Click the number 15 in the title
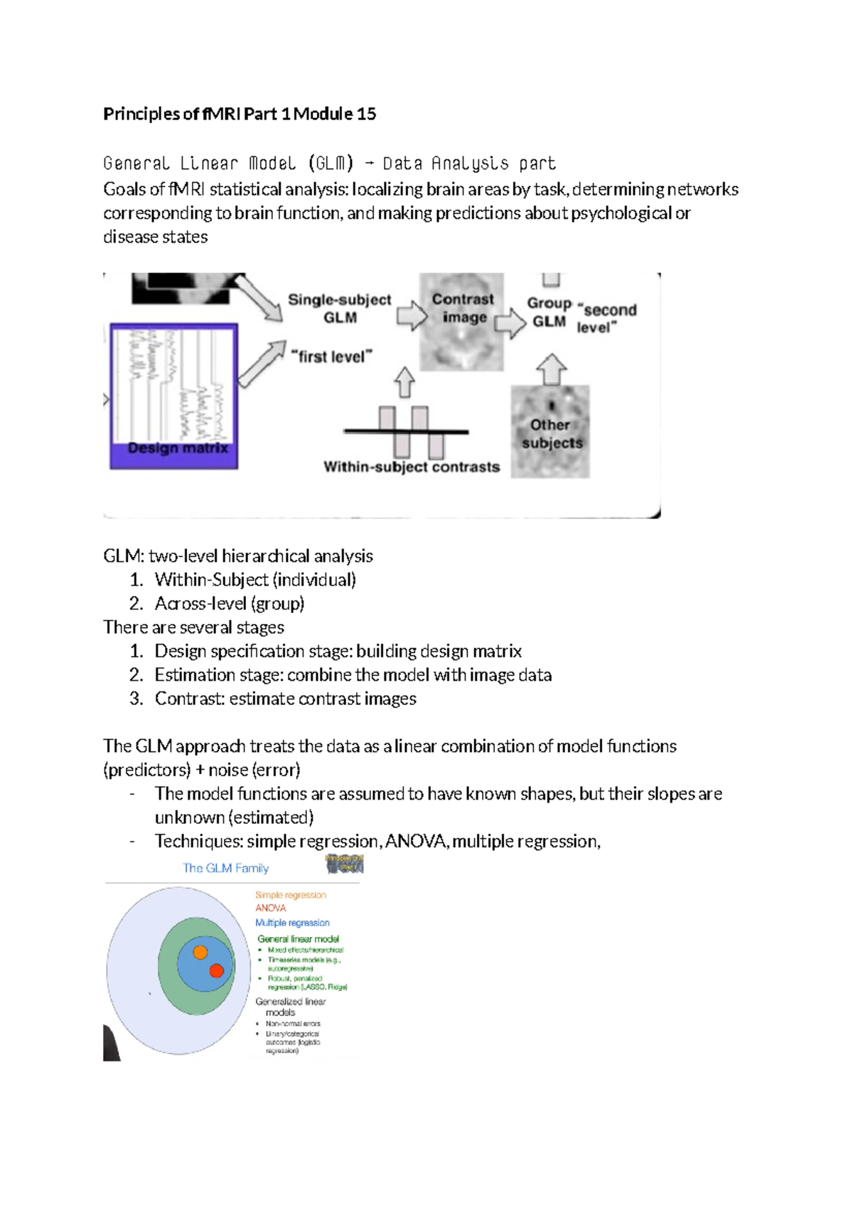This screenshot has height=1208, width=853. (x=366, y=114)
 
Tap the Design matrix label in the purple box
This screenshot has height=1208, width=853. (x=178, y=448)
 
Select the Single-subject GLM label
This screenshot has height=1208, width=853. (x=339, y=308)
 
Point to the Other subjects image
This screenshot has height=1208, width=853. (x=550, y=433)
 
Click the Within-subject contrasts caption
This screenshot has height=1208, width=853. (x=412, y=467)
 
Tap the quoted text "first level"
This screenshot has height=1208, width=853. (x=332, y=356)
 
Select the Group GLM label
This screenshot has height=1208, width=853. (x=549, y=312)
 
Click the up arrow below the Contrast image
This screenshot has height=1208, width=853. (x=404, y=382)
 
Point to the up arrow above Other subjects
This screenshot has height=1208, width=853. (x=551, y=369)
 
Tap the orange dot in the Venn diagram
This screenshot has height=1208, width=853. (x=200, y=952)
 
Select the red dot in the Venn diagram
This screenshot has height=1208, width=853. (x=217, y=970)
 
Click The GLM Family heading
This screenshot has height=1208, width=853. (x=225, y=868)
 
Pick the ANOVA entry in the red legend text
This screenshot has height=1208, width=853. (x=271, y=908)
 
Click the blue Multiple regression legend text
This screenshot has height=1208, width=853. (x=292, y=923)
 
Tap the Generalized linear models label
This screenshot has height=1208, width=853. (x=289, y=1006)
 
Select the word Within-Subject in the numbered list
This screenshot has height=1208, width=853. (x=211, y=580)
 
